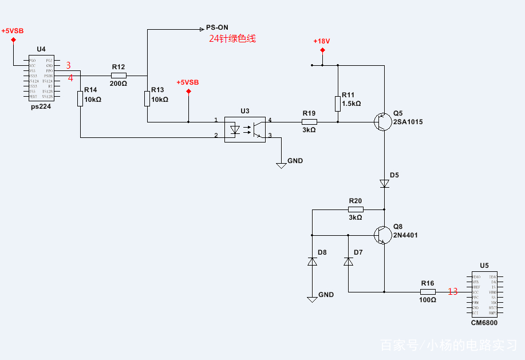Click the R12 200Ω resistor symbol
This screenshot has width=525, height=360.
click(119, 76)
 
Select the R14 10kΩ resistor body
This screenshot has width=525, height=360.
click(80, 99)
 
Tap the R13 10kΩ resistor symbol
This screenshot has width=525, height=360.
click(147, 98)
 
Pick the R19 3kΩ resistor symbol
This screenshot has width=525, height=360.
click(309, 122)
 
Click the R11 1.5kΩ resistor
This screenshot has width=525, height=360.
click(338, 104)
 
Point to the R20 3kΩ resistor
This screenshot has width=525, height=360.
click(356, 209)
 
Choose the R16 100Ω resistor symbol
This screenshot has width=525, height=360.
click(428, 291)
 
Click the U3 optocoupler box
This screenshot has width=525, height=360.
click(244, 129)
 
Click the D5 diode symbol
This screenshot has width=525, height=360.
click(384, 184)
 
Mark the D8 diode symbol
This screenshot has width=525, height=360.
click(312, 262)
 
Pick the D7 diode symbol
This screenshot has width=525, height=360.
click(348, 262)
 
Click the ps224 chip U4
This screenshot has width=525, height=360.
click(41, 78)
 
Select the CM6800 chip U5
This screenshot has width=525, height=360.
click(484, 295)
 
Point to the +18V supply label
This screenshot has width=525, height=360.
click(322, 41)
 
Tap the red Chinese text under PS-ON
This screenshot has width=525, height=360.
click(232, 39)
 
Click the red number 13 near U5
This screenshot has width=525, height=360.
click(452, 292)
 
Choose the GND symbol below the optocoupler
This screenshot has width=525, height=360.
click(281, 164)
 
